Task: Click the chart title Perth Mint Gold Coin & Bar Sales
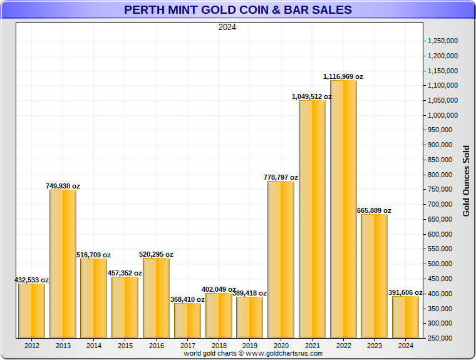click(237, 10)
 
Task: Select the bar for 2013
click(63, 264)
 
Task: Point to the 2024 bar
click(405, 317)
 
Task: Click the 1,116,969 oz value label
click(343, 76)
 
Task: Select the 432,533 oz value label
click(31, 280)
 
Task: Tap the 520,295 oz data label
click(157, 254)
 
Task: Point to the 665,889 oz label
click(374, 210)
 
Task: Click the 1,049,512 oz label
click(312, 96)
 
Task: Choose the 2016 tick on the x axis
click(156, 345)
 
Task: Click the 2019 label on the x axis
click(249, 345)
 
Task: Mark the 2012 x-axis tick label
click(31, 345)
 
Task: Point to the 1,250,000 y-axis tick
click(442, 41)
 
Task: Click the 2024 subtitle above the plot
click(227, 27)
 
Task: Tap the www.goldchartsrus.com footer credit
click(253, 354)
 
